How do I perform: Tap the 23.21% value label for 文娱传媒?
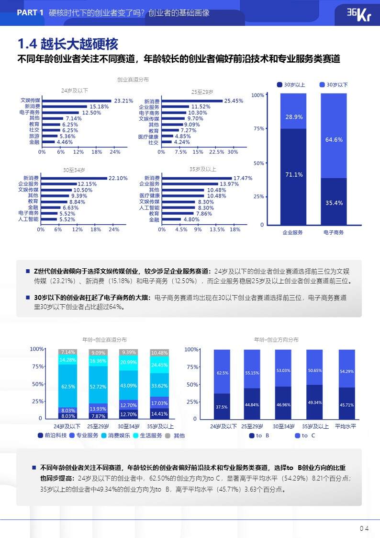[x=123, y=101]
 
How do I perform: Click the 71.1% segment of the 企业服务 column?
[x=293, y=175]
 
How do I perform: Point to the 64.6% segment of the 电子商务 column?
[x=334, y=139]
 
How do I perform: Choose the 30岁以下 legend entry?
[x=334, y=85]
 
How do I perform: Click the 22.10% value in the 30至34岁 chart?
[x=118, y=178]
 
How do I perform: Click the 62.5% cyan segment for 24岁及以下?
[x=68, y=386]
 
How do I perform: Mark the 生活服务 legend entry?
[x=147, y=435]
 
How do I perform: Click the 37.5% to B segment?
[x=222, y=406]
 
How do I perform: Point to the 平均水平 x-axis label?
[x=346, y=426]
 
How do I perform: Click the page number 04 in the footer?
[x=364, y=529]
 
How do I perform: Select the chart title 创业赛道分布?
[x=133, y=80]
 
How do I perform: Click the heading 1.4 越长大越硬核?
[x=67, y=44]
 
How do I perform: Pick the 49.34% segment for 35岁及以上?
[x=315, y=402]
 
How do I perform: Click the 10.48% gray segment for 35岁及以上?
[x=159, y=353]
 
